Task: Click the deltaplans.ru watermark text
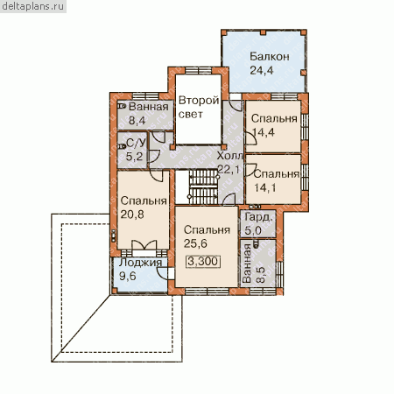pos(32,6)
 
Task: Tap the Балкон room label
pos(270,56)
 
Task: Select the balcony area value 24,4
pos(262,70)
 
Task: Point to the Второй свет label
pos(199,107)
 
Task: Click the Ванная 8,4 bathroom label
pos(149,113)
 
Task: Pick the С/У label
pos(136,143)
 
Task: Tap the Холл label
pos(229,156)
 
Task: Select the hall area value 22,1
pos(229,169)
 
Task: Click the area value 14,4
pos(264,132)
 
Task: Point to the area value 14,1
pos(264,187)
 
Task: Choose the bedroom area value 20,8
pos(132,215)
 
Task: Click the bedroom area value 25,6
pos(195,243)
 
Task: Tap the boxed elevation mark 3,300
pos(203,261)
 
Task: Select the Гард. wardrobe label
pos(260,217)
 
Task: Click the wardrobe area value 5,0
pos(253,230)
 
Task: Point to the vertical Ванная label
pos(247,264)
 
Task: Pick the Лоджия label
pos(140,262)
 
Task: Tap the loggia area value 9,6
pos(128,276)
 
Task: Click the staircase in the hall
pos(203,187)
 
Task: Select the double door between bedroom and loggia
pos(144,245)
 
